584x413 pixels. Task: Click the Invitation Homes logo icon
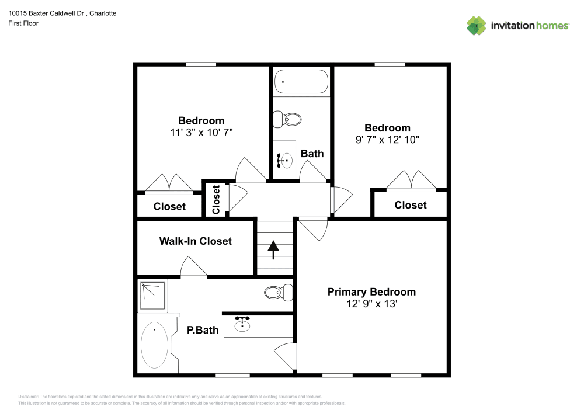pyautogui.click(x=477, y=25)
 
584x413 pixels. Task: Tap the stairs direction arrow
pyautogui.click(x=273, y=249)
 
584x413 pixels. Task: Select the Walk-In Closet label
pyautogui.click(x=196, y=241)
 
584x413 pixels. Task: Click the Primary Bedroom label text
pyautogui.click(x=371, y=292)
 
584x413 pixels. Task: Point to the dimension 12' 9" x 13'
pyautogui.click(x=371, y=304)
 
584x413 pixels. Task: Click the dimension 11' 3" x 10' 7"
pyautogui.click(x=201, y=133)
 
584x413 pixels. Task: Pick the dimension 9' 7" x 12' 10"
pyautogui.click(x=387, y=140)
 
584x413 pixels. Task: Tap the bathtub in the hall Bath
pyautogui.click(x=301, y=82)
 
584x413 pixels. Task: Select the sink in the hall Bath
pyautogui.click(x=286, y=159)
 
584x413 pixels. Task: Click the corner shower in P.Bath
pyautogui.click(x=153, y=296)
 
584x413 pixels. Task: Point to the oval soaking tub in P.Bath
pyautogui.click(x=155, y=345)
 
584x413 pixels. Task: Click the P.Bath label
pyautogui.click(x=203, y=330)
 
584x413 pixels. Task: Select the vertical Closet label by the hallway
pyautogui.click(x=216, y=199)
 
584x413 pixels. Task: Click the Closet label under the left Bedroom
pyautogui.click(x=169, y=206)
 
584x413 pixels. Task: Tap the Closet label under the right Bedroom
pyautogui.click(x=410, y=205)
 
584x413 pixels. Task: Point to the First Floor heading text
pyautogui.click(x=23, y=23)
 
